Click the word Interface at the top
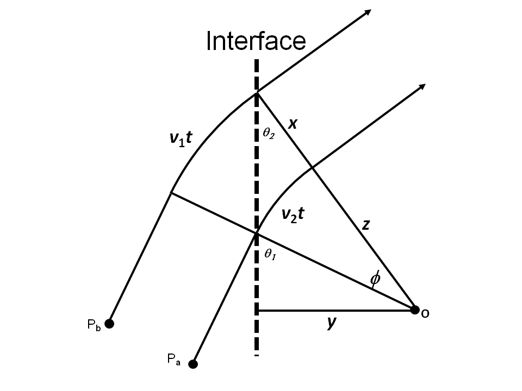[x=256, y=41]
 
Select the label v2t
[x=292, y=215]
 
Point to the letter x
[x=293, y=124]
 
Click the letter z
[x=366, y=224]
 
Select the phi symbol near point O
[x=375, y=279]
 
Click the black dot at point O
[x=415, y=310]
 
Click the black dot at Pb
[x=109, y=324]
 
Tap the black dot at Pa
[x=192, y=364]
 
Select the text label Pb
[x=93, y=325]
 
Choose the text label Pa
[x=174, y=359]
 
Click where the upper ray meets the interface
[x=257, y=93]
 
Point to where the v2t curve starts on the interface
[x=257, y=234]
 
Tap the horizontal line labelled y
[x=334, y=311]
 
